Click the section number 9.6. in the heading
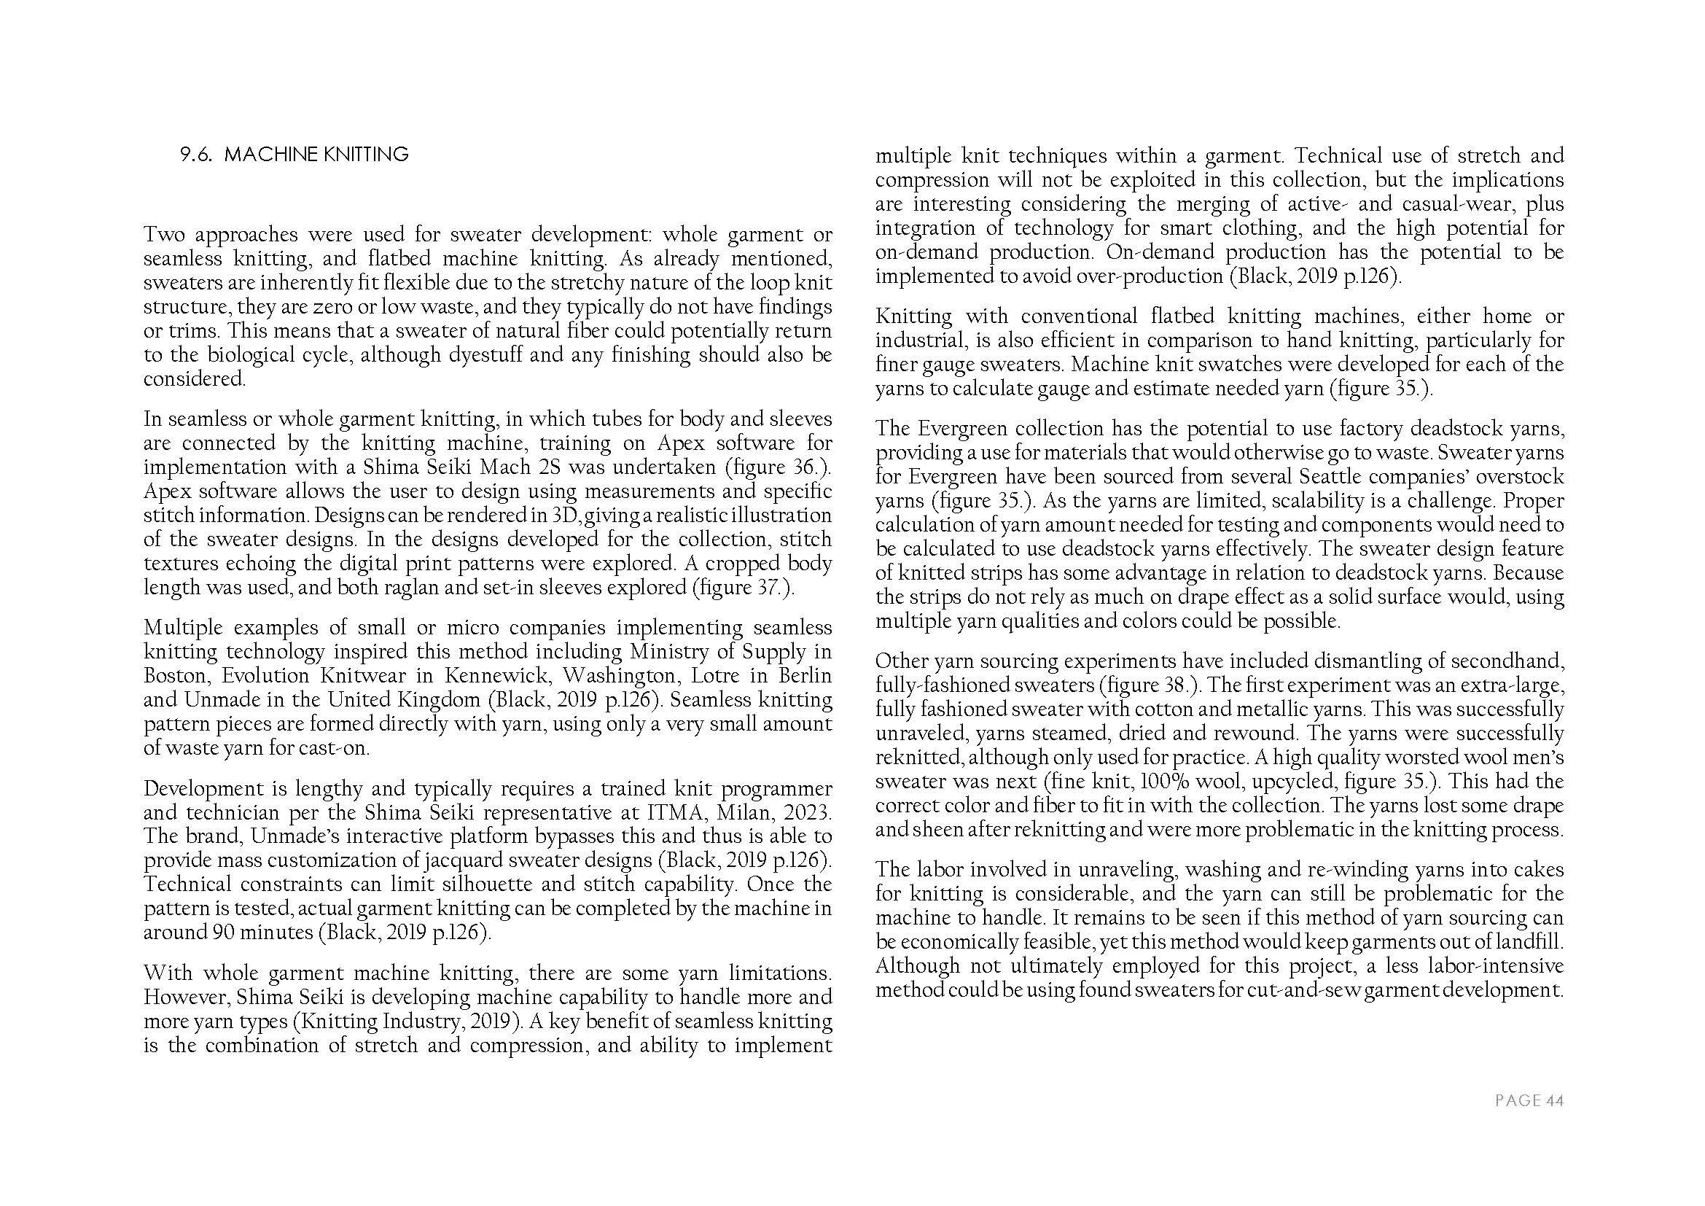click(198, 155)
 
